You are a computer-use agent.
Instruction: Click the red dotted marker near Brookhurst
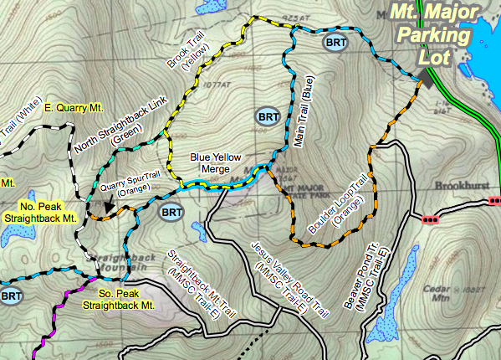point(431,220)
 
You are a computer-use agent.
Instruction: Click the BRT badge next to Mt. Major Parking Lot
point(335,41)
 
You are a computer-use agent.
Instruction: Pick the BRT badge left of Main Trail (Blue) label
point(268,116)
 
